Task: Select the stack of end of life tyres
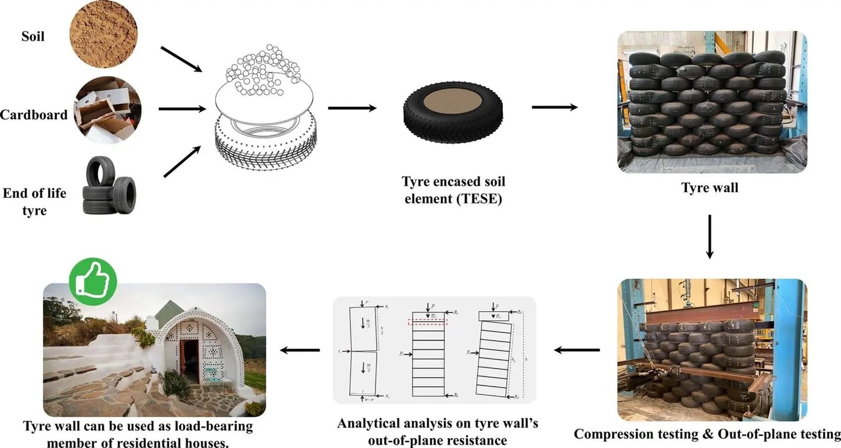pyautogui.click(x=110, y=185)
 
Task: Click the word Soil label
pyautogui.click(x=33, y=36)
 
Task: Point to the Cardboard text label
pyautogui.click(x=34, y=114)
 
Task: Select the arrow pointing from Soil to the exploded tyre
pyautogui.click(x=180, y=60)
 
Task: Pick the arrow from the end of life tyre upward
pyautogui.click(x=182, y=161)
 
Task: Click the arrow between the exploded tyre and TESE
pyautogui.click(x=352, y=108)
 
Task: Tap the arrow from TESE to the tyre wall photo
pyautogui.click(x=554, y=107)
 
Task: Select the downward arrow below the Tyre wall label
pyautogui.click(x=710, y=236)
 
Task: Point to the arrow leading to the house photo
pyautogui.click(x=300, y=350)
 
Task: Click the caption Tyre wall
pyautogui.click(x=710, y=188)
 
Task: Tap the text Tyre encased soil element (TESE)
pyautogui.click(x=454, y=190)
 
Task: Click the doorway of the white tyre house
pyautogui.click(x=189, y=362)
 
